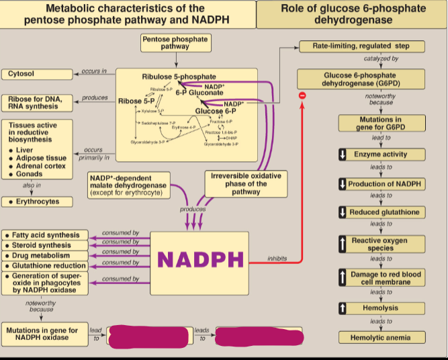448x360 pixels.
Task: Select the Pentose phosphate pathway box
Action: click(x=175, y=43)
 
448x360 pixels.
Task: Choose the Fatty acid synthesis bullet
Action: click(x=45, y=236)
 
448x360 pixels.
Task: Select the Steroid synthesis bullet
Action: click(x=45, y=246)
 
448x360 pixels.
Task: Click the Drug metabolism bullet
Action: click(x=45, y=256)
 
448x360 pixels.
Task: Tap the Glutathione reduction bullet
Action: click(x=45, y=266)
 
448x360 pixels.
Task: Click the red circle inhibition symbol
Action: click(x=302, y=96)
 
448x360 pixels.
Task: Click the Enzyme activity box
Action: click(x=381, y=154)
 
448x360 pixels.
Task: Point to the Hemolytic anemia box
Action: click(x=381, y=337)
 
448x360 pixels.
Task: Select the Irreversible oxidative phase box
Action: click(x=245, y=183)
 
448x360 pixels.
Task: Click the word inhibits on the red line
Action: click(x=277, y=259)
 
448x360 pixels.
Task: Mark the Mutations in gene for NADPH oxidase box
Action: click(x=42, y=334)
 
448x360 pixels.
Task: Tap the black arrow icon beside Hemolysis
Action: click(x=343, y=308)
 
